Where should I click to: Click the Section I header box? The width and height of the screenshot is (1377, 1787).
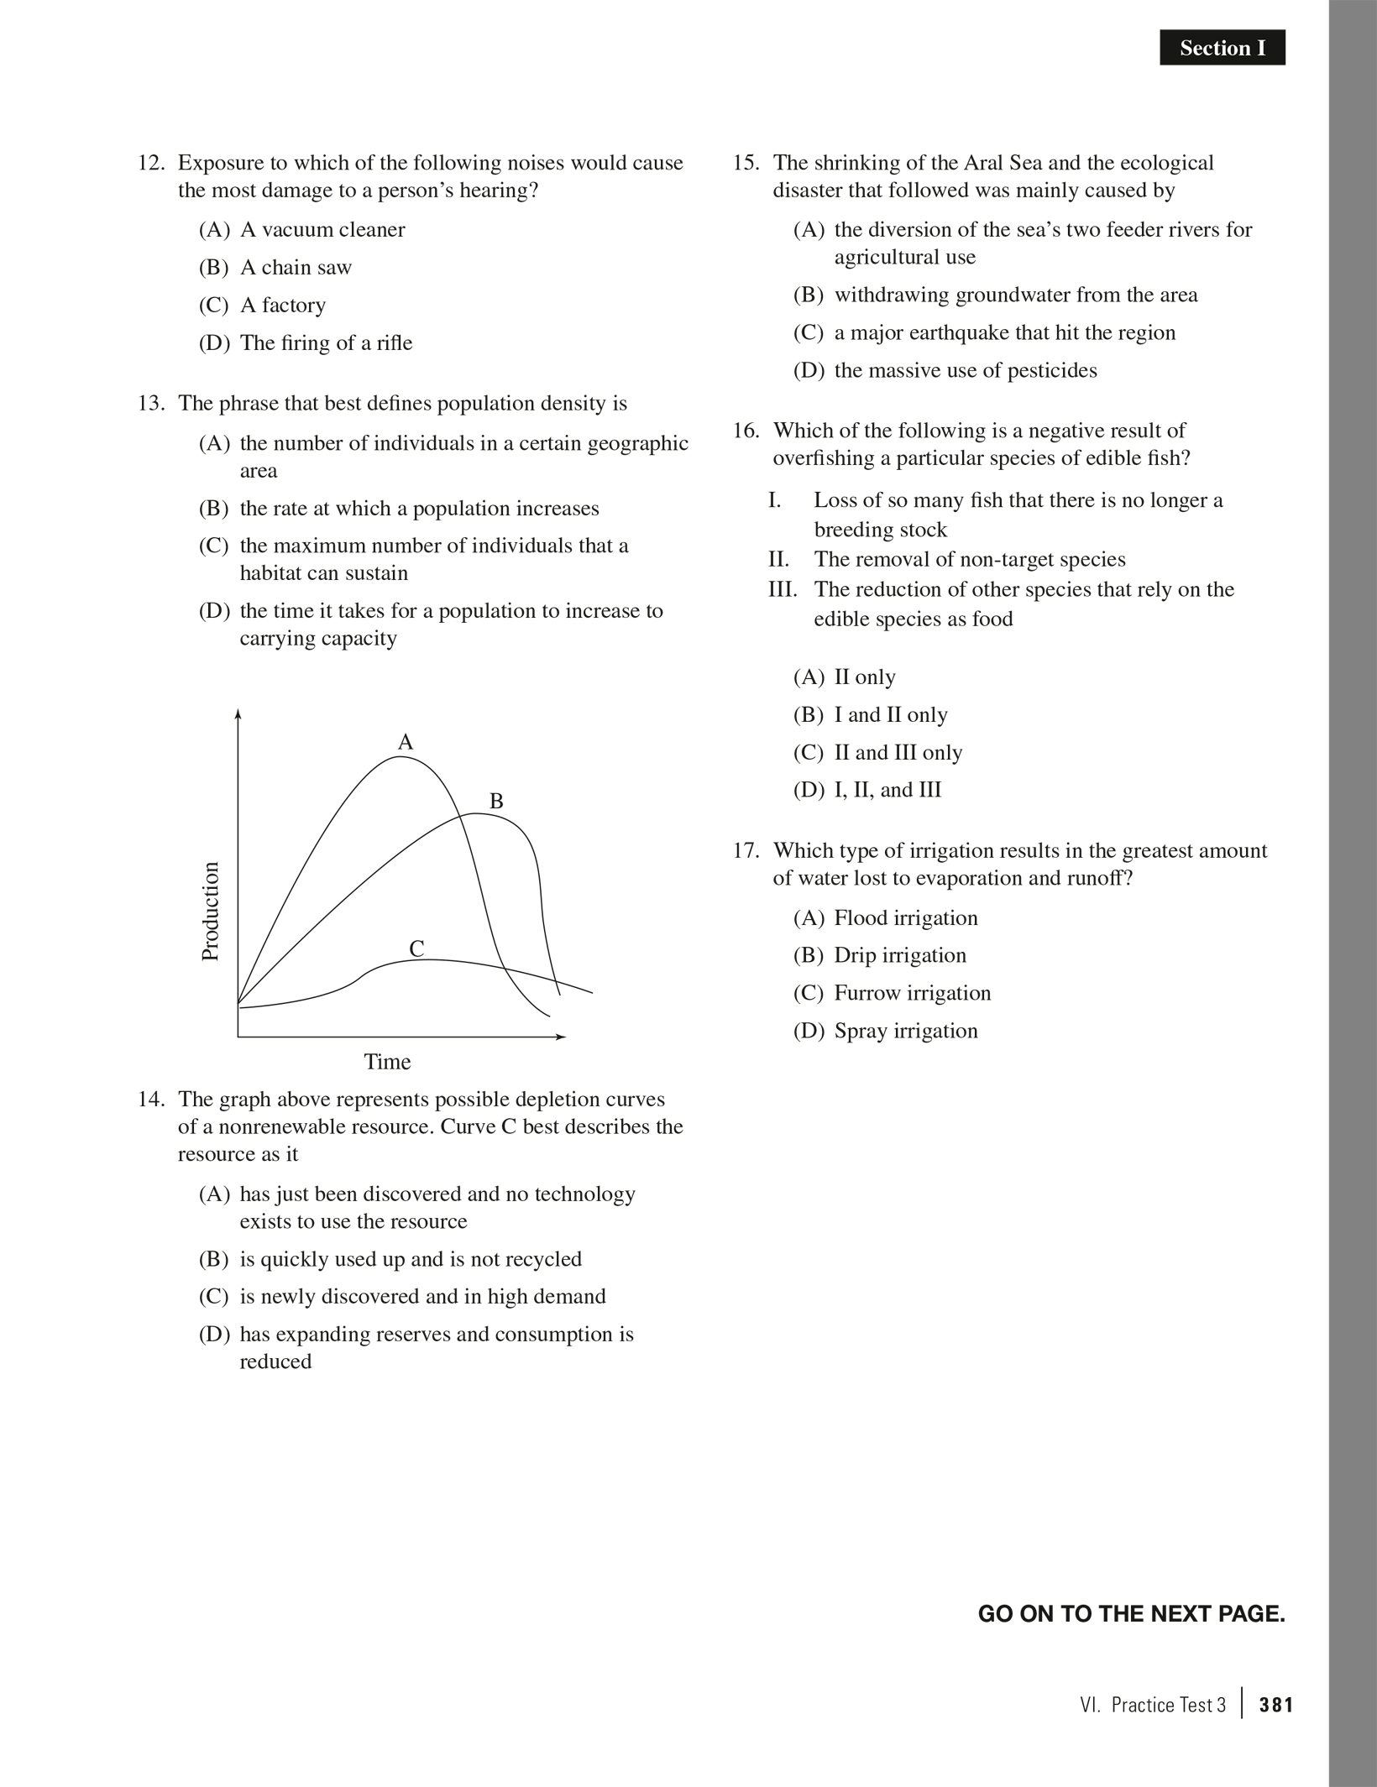(x=1222, y=49)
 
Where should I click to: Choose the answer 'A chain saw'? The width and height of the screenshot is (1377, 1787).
(x=296, y=268)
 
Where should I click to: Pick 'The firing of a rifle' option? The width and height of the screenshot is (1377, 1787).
(x=326, y=343)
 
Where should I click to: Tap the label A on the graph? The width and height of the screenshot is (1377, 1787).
(x=406, y=742)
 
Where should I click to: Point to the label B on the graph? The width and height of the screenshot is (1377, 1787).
(x=496, y=802)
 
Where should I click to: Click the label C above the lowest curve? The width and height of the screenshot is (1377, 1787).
(x=416, y=949)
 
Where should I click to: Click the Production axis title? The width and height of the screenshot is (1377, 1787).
(x=210, y=911)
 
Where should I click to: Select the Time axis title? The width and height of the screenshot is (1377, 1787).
(x=387, y=1062)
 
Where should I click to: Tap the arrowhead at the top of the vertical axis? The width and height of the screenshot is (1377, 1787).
(x=238, y=714)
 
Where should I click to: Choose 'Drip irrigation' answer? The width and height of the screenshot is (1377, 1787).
(x=899, y=955)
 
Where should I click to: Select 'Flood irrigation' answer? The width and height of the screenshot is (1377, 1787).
(x=905, y=917)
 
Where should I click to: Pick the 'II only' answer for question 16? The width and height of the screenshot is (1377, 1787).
(x=864, y=677)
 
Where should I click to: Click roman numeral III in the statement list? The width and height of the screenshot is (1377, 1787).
(x=782, y=589)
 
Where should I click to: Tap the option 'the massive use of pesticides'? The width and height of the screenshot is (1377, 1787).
(x=965, y=370)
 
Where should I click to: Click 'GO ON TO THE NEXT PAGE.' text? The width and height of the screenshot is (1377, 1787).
(x=1131, y=1613)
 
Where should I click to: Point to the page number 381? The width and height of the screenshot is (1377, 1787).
(x=1276, y=1705)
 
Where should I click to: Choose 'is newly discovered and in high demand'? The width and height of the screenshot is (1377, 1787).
(x=421, y=1296)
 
